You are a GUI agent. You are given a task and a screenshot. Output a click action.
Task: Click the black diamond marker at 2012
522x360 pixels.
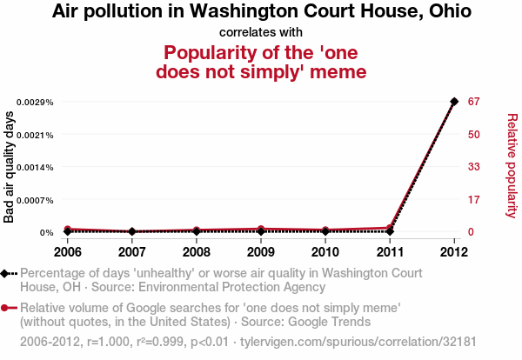click(454, 102)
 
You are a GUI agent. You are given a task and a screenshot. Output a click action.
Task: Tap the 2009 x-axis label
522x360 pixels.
click(260, 252)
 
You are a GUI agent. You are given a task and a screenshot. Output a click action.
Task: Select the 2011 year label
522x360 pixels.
click(390, 252)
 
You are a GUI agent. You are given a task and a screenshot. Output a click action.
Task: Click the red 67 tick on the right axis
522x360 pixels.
click(474, 102)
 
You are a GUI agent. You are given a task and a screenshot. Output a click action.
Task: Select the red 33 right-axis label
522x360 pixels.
click(474, 167)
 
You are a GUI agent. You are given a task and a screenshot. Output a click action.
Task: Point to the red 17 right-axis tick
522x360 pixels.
click(474, 200)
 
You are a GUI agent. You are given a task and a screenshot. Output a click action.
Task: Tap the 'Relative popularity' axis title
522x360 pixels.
click(512, 165)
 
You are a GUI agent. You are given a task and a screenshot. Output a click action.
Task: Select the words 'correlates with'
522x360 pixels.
click(261, 32)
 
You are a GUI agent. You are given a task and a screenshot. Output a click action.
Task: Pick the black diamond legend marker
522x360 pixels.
click(6, 273)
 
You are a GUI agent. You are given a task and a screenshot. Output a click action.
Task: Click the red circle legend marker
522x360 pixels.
click(6, 308)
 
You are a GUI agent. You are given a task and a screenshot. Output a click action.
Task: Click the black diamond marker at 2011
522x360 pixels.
click(390, 231)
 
